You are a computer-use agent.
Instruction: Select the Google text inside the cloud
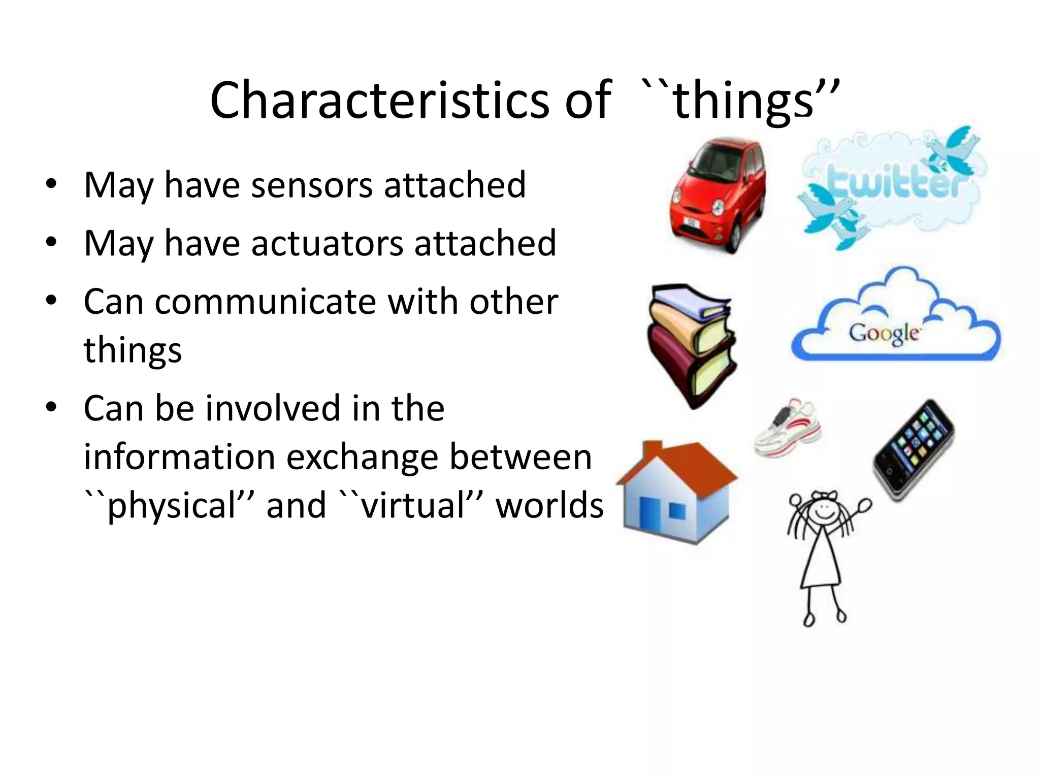tap(884, 334)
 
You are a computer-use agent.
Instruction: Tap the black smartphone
tap(914, 450)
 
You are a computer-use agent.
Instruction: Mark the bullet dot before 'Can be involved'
tap(50, 407)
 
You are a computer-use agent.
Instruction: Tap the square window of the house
tap(677, 511)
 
